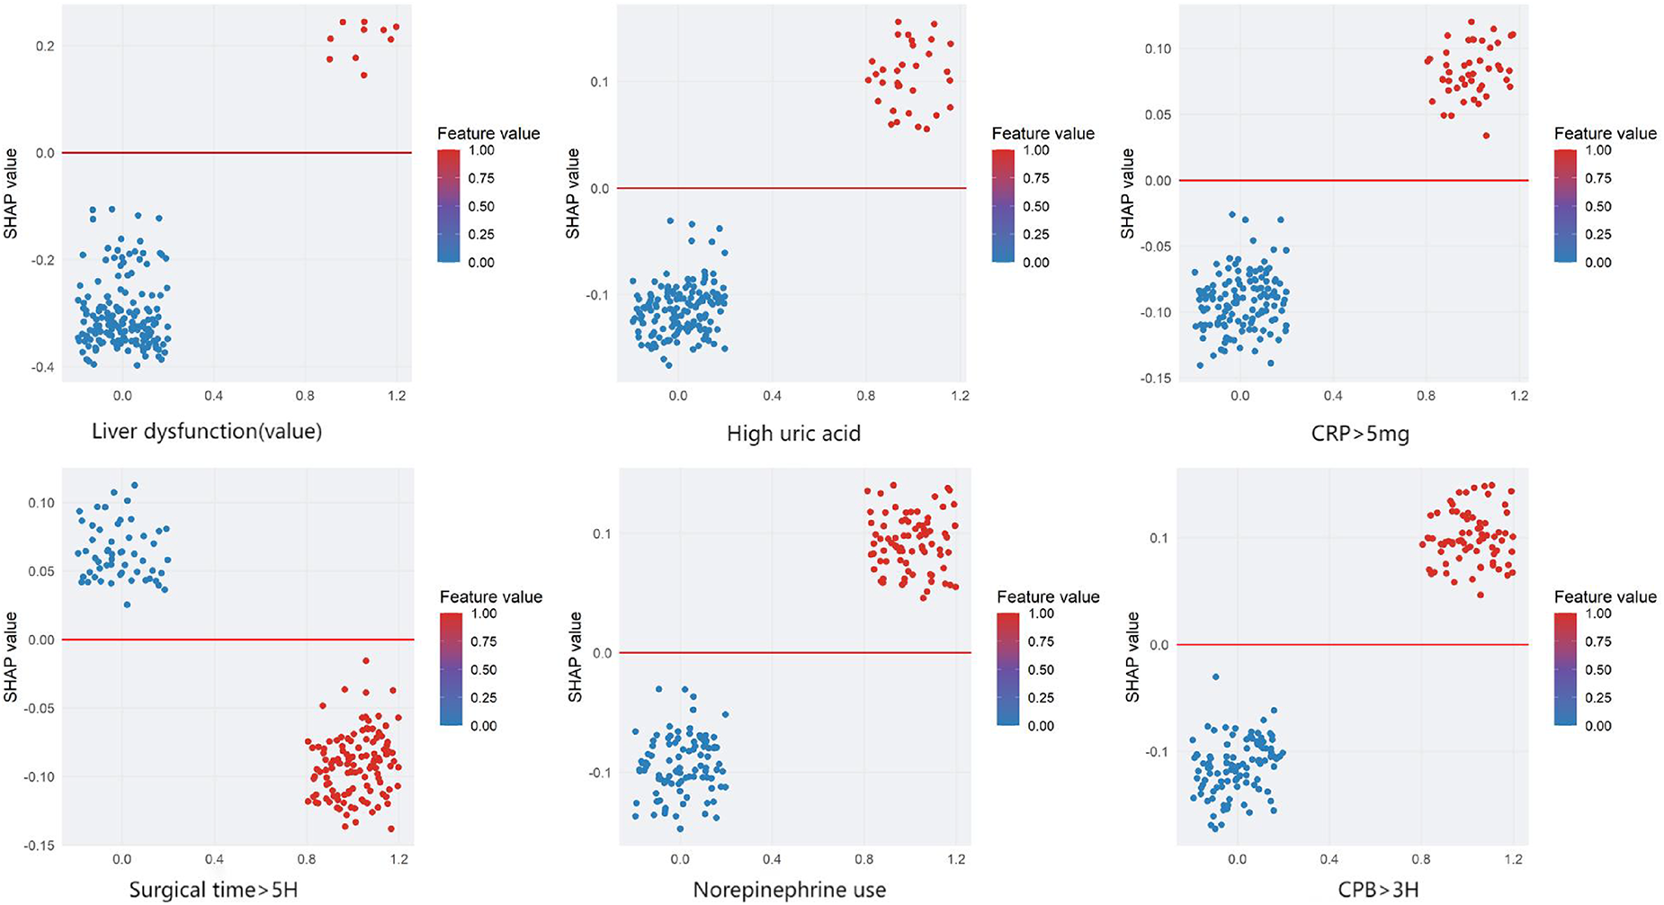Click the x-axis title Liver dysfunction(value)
pos(207,432)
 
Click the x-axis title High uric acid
pos(793,435)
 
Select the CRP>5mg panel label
pos(1359,435)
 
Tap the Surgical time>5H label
pos(213,891)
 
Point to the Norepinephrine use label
pos(789,891)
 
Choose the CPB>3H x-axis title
pos(1377,891)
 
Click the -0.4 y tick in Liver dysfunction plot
pos(39,367)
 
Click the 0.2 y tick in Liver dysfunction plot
pos(43,46)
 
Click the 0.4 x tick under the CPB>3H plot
pos(1329,859)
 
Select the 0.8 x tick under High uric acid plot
pos(865,396)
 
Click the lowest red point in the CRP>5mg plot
pos(1487,136)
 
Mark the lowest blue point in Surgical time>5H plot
pos(127,605)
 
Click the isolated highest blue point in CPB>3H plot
pos(1215,677)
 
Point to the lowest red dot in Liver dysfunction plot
pos(363,76)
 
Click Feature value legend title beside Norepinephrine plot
pos(1048,596)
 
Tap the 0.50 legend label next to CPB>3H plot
pos(1597,669)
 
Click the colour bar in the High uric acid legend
pos(1003,206)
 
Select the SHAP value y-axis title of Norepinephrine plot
pos(577,657)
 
